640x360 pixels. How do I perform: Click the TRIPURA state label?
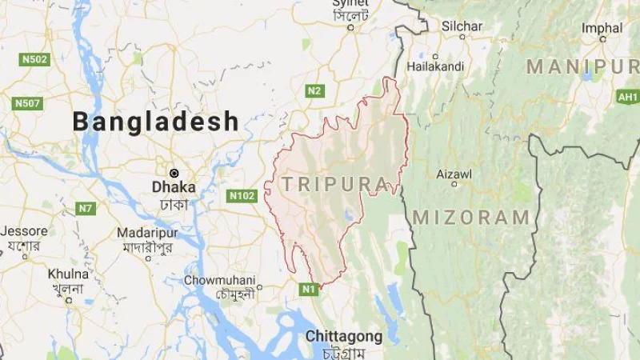[334, 184]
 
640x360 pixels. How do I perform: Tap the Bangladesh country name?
[156, 122]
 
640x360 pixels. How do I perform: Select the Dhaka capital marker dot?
[174, 172]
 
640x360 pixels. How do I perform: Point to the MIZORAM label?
[471, 217]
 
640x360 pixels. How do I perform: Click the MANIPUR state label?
[582, 67]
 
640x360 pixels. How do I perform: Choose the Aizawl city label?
[454, 174]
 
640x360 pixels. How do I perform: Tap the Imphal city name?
[602, 28]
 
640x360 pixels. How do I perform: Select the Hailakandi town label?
[435, 66]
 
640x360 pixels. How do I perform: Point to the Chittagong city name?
[343, 336]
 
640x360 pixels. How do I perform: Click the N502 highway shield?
[34, 59]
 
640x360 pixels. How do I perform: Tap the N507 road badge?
[28, 102]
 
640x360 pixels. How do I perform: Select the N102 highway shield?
[242, 195]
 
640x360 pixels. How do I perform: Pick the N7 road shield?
[85, 208]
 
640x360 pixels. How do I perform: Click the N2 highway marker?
[314, 90]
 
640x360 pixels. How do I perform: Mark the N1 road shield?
[309, 289]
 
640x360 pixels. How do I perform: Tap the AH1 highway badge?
[627, 97]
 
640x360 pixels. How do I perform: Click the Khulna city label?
[67, 272]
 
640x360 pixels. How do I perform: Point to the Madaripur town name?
[146, 231]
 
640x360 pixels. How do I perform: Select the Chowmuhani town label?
[220, 280]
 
